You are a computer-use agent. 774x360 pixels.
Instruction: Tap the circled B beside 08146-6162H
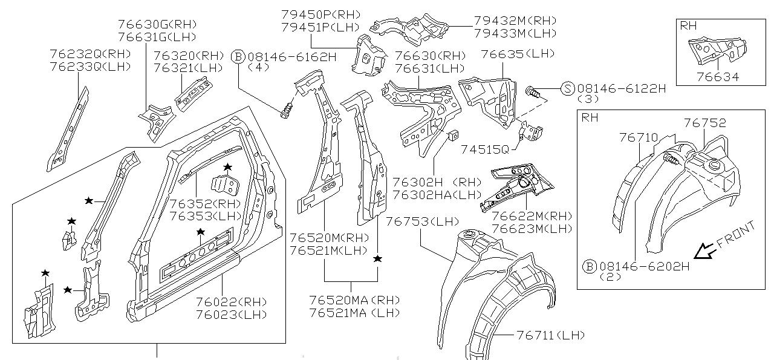[x=238, y=57]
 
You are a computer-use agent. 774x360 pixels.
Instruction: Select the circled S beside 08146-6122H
[x=567, y=88]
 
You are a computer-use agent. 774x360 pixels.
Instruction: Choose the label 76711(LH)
[x=550, y=335]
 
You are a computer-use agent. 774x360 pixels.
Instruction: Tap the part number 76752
[x=705, y=123]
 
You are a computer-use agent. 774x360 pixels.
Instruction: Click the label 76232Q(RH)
[x=90, y=54]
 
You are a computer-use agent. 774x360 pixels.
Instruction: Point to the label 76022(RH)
[x=231, y=302]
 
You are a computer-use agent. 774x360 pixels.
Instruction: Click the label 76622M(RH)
[x=532, y=216]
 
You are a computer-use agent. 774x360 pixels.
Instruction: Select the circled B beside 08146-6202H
[x=589, y=266]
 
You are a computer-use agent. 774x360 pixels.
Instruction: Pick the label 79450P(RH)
[x=320, y=14]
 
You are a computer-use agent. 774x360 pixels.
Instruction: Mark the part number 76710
[x=638, y=137]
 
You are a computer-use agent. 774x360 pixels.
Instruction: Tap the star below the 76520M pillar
[x=378, y=259]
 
